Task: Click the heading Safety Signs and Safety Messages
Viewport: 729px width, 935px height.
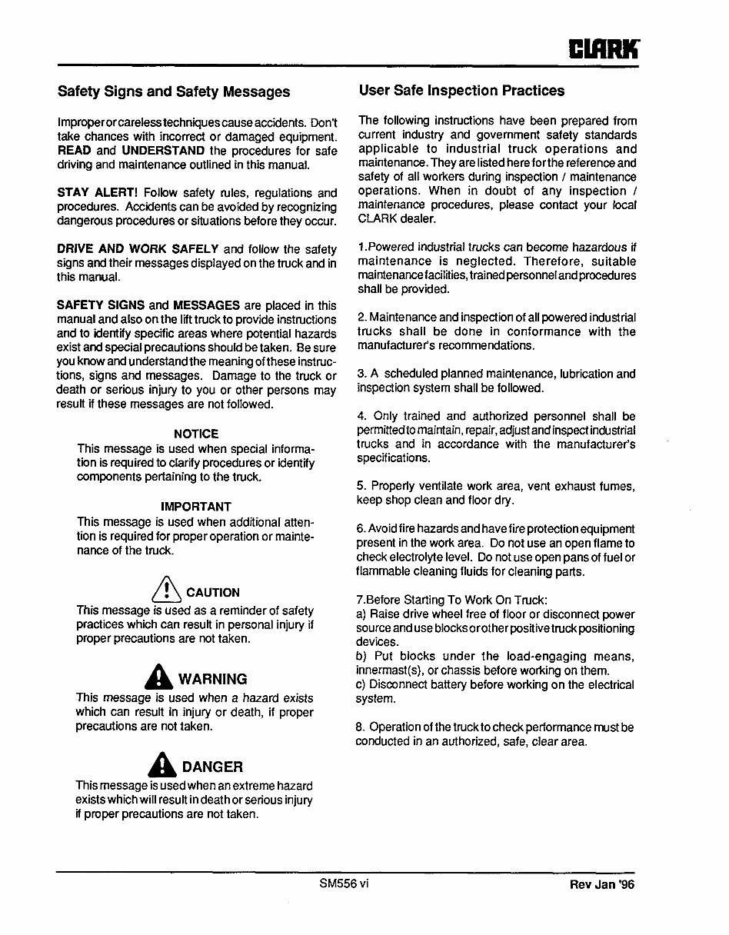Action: pos(174,92)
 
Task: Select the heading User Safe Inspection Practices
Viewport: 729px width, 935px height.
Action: pos(461,91)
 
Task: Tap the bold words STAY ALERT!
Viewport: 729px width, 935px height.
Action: pos(97,193)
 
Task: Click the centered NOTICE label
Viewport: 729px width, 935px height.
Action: pos(195,434)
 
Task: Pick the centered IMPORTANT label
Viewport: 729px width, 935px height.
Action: pos(195,507)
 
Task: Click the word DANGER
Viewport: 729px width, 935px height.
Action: pos(212,767)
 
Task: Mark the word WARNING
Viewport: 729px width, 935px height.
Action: pos(212,679)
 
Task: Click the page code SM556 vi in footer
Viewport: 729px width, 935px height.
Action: pos(344,883)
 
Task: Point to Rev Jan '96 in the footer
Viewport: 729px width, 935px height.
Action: pos(602,885)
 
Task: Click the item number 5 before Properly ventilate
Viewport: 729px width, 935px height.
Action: pos(361,486)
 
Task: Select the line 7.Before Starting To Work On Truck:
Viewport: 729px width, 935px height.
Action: pos(452,600)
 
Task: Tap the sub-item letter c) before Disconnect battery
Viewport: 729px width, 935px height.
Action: pos(361,684)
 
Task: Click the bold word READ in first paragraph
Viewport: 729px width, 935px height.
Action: pos(75,151)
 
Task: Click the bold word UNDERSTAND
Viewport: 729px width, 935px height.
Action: pos(162,151)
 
